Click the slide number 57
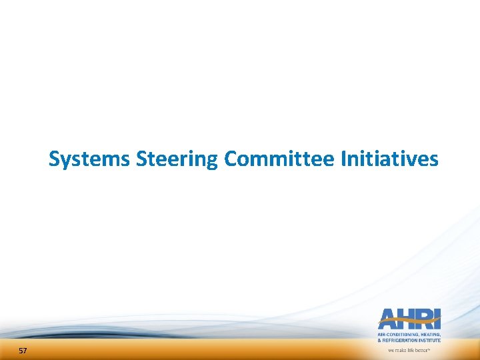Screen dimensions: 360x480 tap(23, 351)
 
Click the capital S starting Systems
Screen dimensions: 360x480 tap(55, 159)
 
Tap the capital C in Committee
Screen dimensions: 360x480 tap(231, 159)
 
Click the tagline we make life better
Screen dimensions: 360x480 tap(409, 349)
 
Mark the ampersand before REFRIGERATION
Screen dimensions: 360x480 tap(380, 340)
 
